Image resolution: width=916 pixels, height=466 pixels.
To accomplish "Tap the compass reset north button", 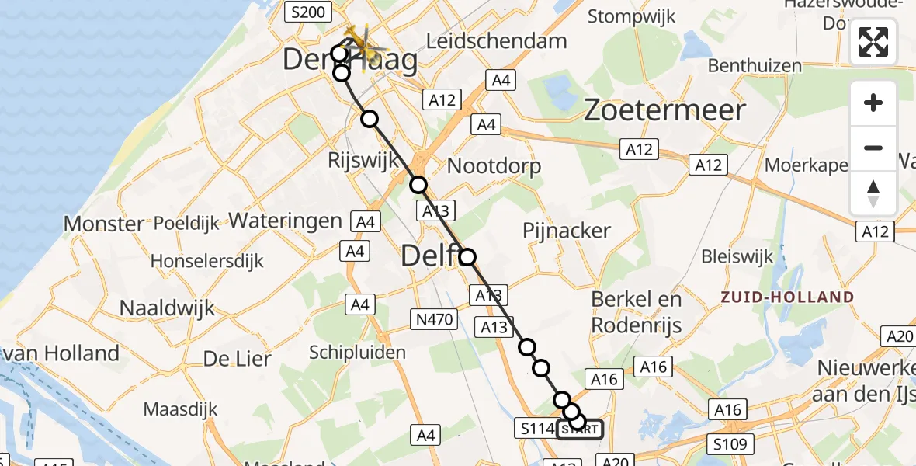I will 873,193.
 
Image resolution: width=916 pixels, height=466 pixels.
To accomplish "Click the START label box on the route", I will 579,429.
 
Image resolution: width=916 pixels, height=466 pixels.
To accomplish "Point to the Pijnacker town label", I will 567,231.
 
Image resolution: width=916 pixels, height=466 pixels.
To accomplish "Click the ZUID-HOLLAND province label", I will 786,297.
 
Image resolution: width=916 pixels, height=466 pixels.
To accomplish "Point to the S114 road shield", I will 536,428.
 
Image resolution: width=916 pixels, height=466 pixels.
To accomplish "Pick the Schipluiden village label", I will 357,353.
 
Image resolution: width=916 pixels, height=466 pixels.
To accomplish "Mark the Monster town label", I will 103,224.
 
